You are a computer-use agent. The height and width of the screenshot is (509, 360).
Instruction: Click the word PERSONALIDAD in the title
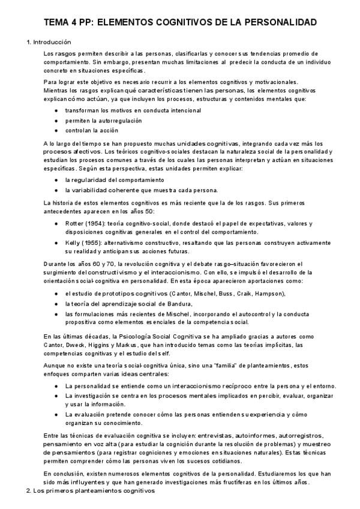278,23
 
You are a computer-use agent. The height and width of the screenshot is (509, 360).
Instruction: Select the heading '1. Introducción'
49,43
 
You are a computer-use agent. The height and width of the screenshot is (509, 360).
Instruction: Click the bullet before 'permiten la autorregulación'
56,121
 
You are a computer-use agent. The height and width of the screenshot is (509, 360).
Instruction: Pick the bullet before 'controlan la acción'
56,130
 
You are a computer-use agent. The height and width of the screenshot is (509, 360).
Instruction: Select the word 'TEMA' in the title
58,23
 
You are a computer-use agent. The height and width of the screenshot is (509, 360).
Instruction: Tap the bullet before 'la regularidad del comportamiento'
56,180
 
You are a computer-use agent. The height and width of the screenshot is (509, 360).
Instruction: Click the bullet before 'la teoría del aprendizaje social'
56,304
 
